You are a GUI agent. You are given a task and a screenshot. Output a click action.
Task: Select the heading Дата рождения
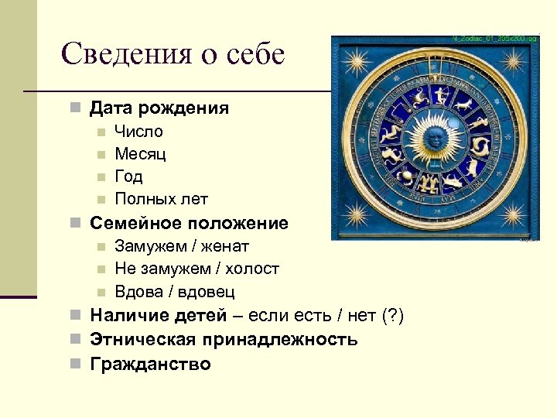[x=159, y=108]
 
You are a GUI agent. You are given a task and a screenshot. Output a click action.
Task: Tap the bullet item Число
[x=138, y=131]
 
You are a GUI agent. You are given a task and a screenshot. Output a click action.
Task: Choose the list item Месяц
[x=140, y=153]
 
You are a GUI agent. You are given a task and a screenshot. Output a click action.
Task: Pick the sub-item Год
[x=128, y=176]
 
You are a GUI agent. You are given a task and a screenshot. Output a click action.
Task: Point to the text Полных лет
[x=161, y=199]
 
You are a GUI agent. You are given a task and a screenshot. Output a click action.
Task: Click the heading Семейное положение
[x=189, y=223]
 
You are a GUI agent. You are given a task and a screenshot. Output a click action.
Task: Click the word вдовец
[x=206, y=292]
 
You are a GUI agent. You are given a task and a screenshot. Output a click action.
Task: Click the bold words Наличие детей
[x=158, y=316]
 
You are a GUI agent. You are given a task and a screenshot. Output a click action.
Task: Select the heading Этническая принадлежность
[x=224, y=339]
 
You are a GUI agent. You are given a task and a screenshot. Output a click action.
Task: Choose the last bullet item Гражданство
[x=150, y=364]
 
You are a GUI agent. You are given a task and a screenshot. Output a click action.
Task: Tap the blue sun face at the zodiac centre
[x=434, y=140]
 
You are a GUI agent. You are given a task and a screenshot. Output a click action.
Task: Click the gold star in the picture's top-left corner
[x=355, y=60]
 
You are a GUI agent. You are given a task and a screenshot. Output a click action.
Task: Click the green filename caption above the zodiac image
[x=495, y=38]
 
